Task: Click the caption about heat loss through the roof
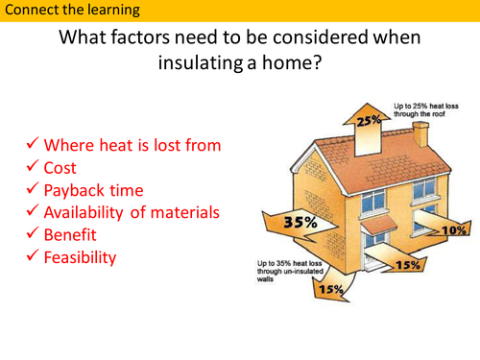point(427,108)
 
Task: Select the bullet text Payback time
point(95,190)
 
